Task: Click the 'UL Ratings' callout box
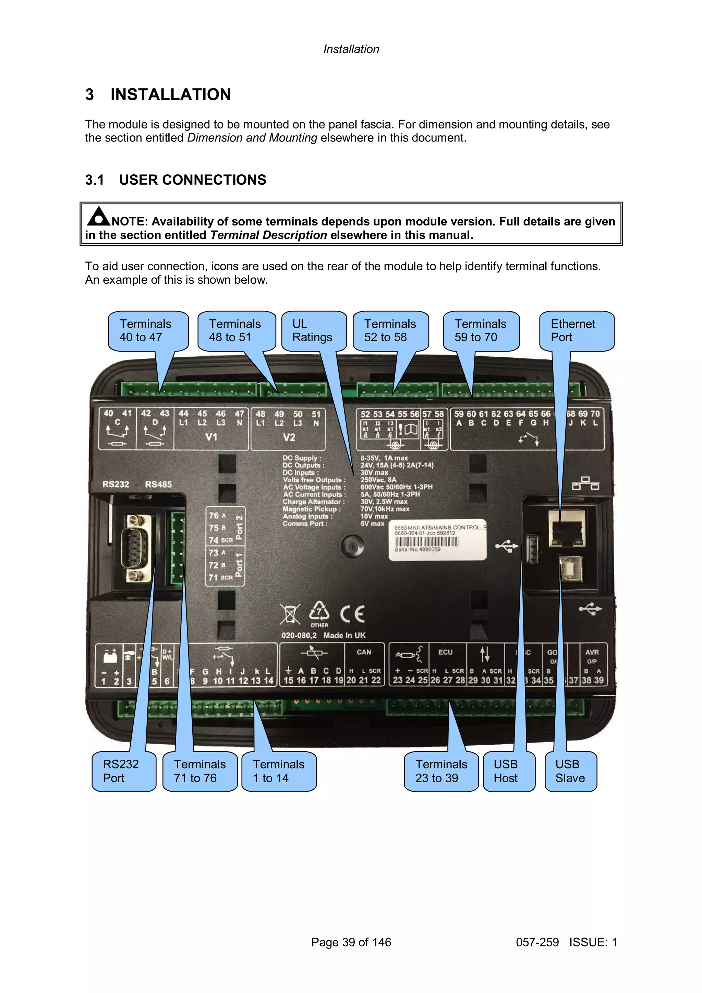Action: pos(314,331)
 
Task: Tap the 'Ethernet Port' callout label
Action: pos(576,331)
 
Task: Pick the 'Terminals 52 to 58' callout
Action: pos(390,331)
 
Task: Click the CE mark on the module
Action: pos(352,614)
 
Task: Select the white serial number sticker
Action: pos(438,540)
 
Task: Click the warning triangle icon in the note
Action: pos(99,216)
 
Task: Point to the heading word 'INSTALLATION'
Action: pos(170,94)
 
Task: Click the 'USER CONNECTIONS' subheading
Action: pos(193,180)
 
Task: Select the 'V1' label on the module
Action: pos(211,437)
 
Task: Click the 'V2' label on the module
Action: pos(289,437)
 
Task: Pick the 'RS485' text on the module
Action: pos(158,485)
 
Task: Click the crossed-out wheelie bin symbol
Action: pos(290,614)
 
